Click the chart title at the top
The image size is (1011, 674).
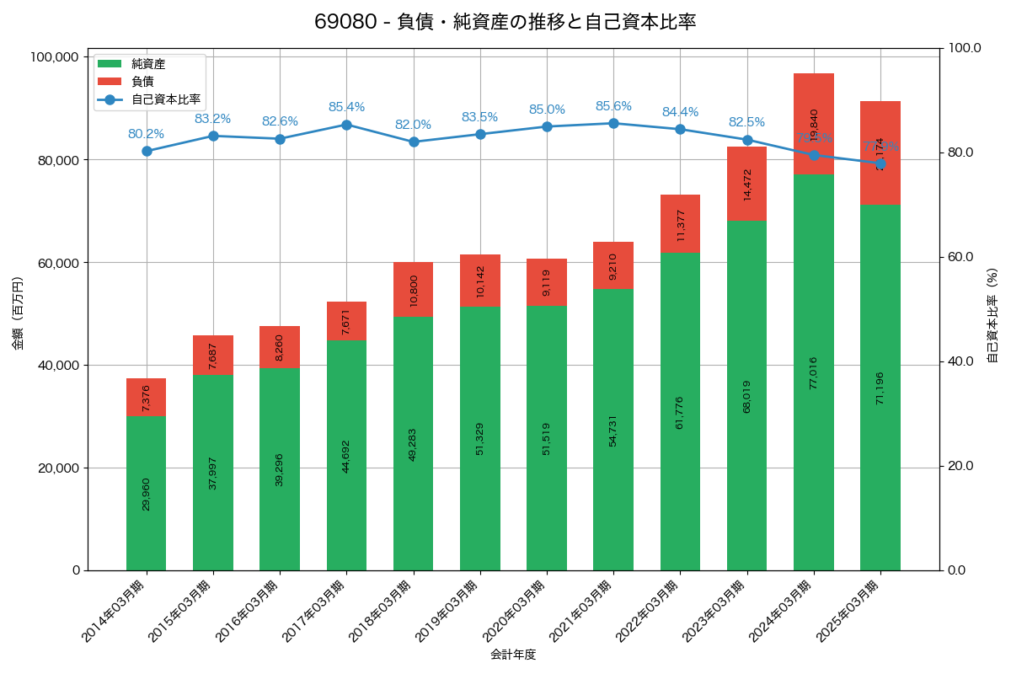tap(505, 22)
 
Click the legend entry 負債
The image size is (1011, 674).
tap(142, 82)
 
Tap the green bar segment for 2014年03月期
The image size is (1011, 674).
tap(146, 493)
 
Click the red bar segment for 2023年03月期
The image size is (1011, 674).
tap(746, 184)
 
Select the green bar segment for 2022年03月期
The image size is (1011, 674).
tap(680, 411)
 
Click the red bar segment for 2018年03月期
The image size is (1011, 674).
tap(413, 289)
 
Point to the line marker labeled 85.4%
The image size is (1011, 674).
tap(346, 125)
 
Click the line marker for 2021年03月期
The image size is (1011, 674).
tap(613, 123)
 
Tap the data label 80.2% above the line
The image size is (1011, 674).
tap(146, 134)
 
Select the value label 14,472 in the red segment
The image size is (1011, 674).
tap(747, 184)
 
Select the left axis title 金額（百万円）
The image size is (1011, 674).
tap(18, 313)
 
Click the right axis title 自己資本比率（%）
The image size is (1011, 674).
tap(992, 313)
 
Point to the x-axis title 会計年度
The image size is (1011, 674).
tap(513, 655)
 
